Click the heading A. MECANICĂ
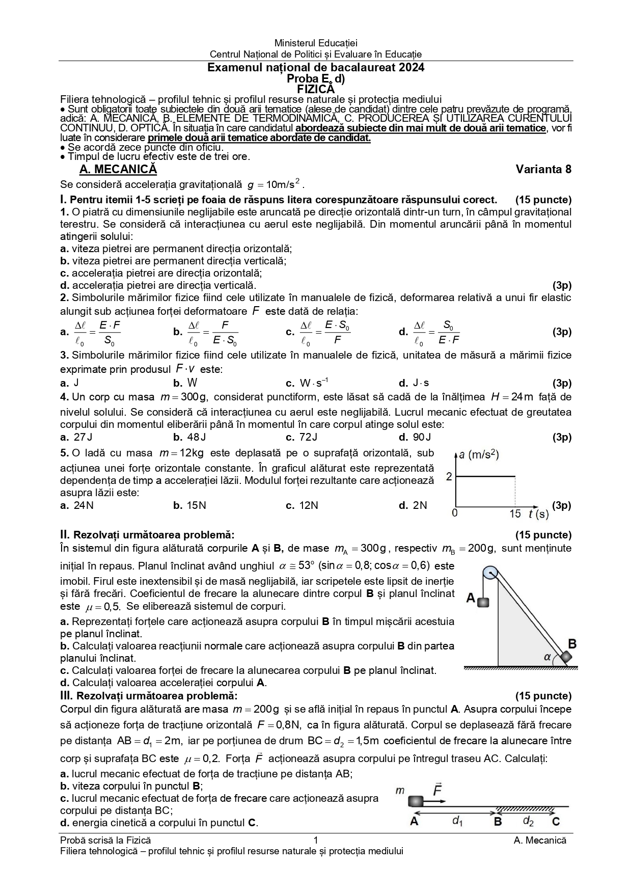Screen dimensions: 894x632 coord(118,169)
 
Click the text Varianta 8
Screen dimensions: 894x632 coord(543,169)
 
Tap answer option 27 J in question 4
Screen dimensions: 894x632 coord(82,437)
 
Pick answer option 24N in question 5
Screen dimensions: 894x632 coord(83,505)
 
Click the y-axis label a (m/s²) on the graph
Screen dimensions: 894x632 coord(478,454)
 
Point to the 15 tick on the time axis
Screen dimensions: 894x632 coord(515,513)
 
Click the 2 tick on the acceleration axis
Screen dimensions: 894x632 coord(449,477)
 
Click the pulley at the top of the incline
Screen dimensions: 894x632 coord(490,573)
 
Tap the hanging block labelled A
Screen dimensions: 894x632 coord(483,602)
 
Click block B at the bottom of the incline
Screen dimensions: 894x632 coord(566,658)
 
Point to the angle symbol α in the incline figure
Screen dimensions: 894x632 coord(547,657)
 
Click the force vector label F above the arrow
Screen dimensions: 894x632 coord(437,791)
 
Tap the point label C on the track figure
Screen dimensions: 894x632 coord(556,821)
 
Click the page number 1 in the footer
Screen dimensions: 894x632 coord(316,841)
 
